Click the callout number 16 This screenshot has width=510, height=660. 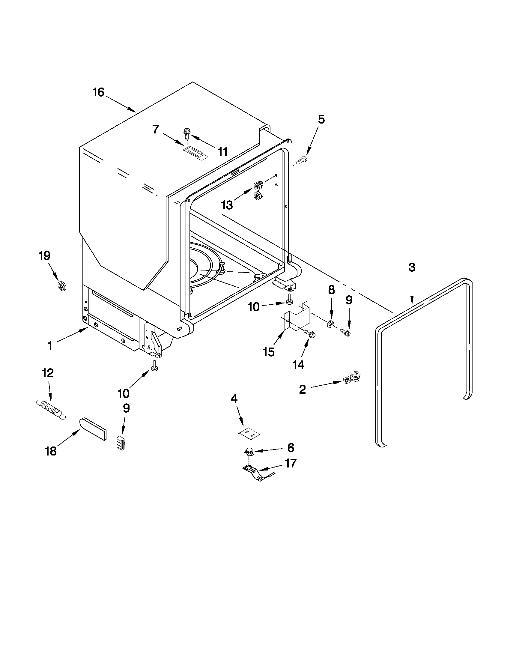pos(98,92)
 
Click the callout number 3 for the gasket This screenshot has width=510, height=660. pos(412,267)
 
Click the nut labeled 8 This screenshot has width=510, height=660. pos(330,324)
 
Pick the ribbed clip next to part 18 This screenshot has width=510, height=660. pos(121,443)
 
